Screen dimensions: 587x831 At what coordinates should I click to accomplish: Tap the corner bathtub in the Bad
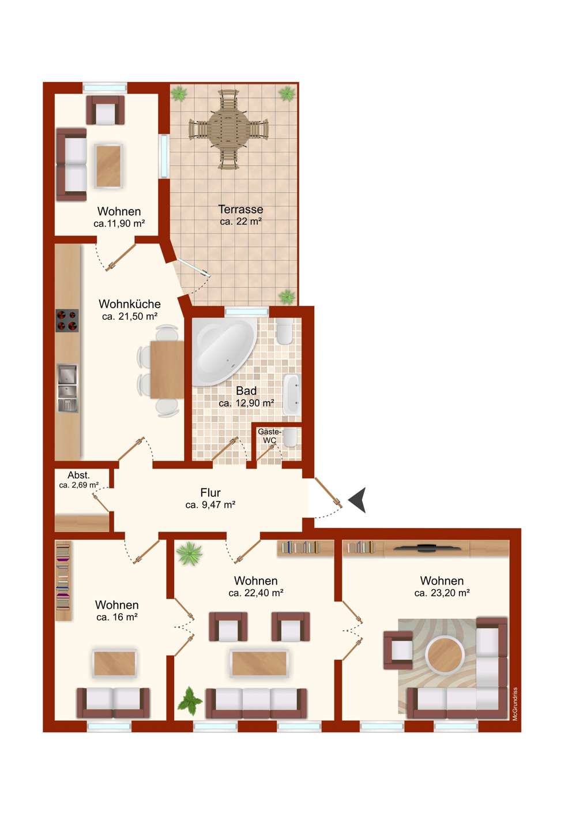[225, 351]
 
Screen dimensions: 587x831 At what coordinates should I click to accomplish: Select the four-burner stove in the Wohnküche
[67, 320]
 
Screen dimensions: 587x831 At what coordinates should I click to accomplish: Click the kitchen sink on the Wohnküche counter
[67, 388]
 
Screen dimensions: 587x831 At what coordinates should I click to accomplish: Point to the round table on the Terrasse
[228, 129]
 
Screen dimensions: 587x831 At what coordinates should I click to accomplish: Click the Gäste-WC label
[269, 436]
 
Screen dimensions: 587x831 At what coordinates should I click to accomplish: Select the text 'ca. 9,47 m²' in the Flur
[210, 504]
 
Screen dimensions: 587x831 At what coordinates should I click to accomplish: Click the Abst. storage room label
[78, 476]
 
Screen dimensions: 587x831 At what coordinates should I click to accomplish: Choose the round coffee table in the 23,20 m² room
[445, 655]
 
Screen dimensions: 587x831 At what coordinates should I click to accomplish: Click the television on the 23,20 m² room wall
[427, 546]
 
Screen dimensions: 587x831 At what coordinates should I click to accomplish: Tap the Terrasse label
[241, 209]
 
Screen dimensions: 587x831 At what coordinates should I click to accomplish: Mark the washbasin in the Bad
[292, 395]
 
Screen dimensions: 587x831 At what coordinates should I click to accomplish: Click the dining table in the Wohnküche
[167, 369]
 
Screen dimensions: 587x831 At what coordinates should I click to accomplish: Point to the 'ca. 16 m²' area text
[117, 617]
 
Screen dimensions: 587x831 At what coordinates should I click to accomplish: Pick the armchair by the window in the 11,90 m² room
[106, 110]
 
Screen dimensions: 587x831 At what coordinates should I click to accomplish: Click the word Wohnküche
[130, 304]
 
